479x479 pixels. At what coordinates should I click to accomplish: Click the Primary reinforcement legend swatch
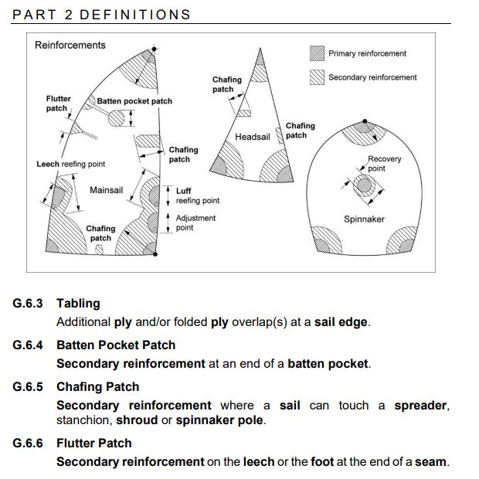(x=317, y=53)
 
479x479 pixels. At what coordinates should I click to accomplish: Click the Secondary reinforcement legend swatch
(x=317, y=77)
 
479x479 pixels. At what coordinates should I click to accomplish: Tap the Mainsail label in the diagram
(x=107, y=190)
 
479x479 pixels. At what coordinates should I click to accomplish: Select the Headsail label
(x=253, y=137)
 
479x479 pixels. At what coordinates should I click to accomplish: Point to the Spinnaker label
(x=364, y=219)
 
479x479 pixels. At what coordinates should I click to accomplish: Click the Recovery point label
(x=384, y=164)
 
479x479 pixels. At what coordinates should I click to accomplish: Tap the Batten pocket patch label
(x=134, y=101)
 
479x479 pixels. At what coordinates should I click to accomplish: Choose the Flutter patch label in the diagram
(x=58, y=104)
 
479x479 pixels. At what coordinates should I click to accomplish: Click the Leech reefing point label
(x=70, y=164)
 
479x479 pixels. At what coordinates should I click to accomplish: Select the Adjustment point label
(x=195, y=223)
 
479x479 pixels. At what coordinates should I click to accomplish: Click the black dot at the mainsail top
(x=154, y=49)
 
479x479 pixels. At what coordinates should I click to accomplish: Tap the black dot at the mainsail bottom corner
(x=155, y=254)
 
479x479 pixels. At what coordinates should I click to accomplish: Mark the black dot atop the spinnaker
(x=365, y=121)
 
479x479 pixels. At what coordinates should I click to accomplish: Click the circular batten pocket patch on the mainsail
(x=117, y=118)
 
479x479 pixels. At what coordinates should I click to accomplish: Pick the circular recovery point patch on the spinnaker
(x=364, y=185)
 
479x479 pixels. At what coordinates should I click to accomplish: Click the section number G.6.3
(x=28, y=304)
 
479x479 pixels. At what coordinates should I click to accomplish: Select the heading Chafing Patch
(x=98, y=387)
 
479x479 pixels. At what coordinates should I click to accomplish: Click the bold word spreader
(x=420, y=406)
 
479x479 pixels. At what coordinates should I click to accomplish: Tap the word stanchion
(x=83, y=420)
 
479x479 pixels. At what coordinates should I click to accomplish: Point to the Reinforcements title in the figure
(x=70, y=46)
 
